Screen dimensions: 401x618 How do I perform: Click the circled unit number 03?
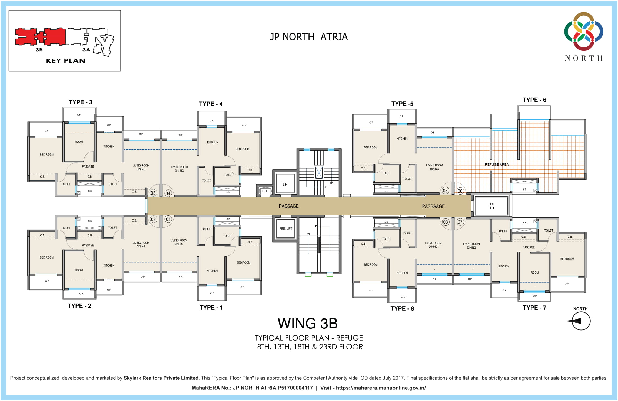tap(153, 193)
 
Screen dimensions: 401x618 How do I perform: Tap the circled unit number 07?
tap(460, 222)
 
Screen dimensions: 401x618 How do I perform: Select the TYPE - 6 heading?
tap(534, 100)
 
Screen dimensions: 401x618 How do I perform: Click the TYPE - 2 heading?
tap(79, 306)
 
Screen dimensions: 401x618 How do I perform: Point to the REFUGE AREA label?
tap(497, 164)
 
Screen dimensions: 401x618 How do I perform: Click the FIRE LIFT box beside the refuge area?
tap(491, 206)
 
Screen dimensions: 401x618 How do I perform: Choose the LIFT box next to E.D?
tap(285, 184)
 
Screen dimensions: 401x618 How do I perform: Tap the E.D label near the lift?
tap(264, 191)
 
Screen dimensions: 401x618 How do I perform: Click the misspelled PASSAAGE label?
tap(433, 206)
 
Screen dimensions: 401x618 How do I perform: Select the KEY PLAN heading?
tap(65, 61)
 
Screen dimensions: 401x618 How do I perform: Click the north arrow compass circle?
tap(581, 321)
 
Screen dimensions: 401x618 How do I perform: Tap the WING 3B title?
tap(308, 323)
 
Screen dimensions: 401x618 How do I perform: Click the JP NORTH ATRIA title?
tap(309, 37)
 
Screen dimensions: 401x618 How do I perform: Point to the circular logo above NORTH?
tap(583, 31)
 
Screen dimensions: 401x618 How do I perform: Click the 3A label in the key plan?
tap(86, 50)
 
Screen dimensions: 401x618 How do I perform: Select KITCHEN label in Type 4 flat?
tap(212, 142)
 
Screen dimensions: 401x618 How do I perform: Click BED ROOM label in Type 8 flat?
tap(370, 264)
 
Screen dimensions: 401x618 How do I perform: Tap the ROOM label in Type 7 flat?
tap(534, 273)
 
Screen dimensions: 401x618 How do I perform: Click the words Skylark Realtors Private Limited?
tap(161, 378)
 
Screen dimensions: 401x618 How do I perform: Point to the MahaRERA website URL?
tap(381, 388)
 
